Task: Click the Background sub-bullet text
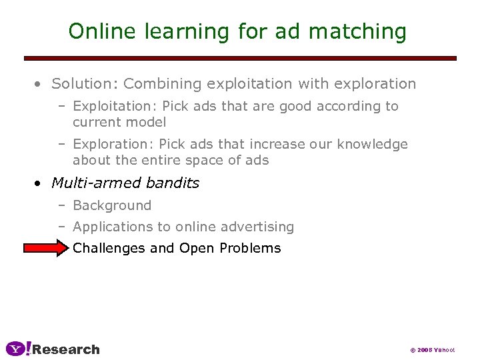112,205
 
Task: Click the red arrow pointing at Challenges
45,248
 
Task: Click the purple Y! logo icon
18,349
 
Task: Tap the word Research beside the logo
66,349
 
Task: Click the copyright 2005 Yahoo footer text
432,350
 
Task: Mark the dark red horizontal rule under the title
240,58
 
